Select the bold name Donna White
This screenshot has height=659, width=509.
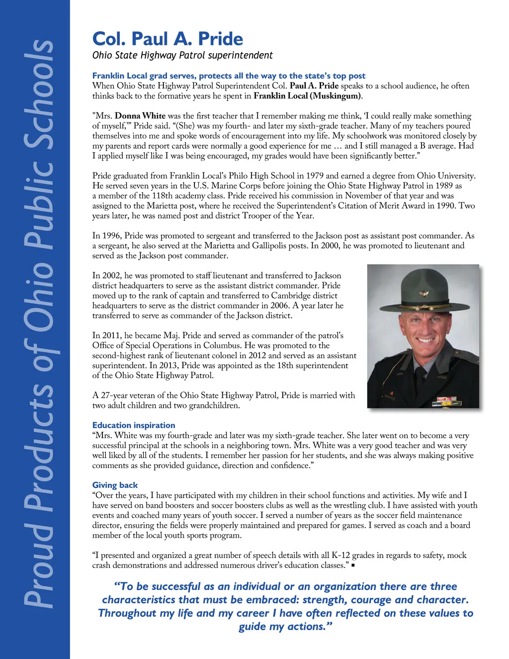(140, 116)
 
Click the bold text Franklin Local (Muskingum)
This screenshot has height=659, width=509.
(307, 96)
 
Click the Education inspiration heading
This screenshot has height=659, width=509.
(134, 425)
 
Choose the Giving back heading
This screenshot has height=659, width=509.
(115, 485)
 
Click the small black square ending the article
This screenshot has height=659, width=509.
(353, 565)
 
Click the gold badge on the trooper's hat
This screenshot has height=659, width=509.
(424, 292)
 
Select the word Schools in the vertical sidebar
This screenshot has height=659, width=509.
(39, 94)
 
